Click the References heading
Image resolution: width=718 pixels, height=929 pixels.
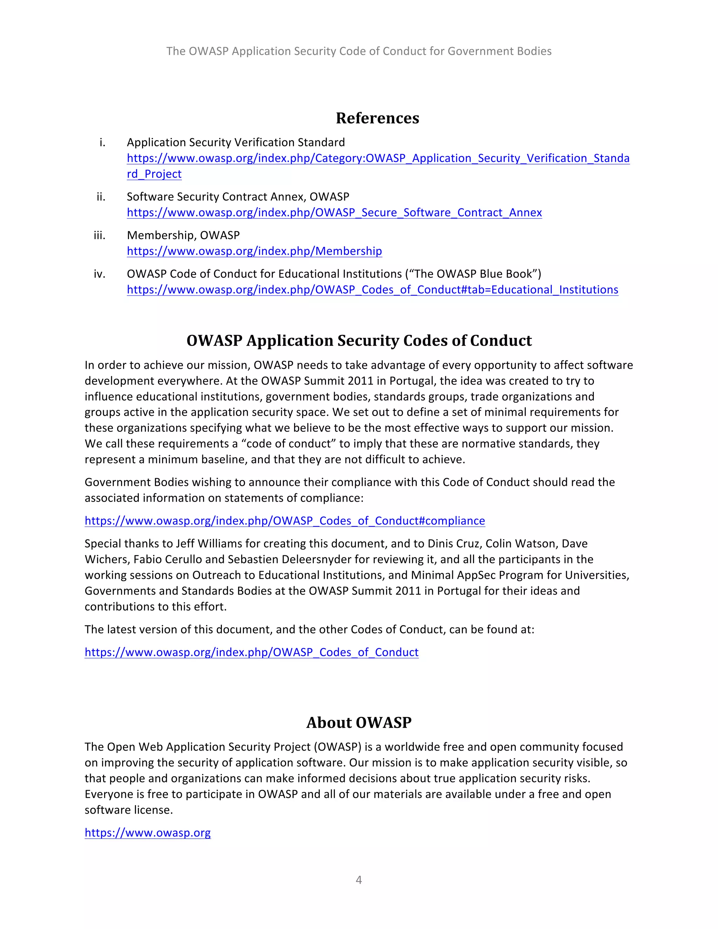click(x=377, y=118)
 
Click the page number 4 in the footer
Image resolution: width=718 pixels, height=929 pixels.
click(x=359, y=880)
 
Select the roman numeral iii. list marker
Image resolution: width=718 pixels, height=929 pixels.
click(x=100, y=235)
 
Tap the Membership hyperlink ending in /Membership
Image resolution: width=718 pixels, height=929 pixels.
click(x=255, y=251)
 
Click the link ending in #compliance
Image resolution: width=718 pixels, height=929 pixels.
click(x=285, y=521)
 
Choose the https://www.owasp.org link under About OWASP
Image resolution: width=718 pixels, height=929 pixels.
click(x=148, y=833)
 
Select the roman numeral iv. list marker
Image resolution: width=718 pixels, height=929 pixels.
click(x=100, y=274)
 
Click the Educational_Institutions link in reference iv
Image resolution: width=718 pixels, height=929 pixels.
click(x=372, y=290)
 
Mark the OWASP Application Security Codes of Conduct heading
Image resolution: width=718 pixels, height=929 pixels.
click(x=359, y=341)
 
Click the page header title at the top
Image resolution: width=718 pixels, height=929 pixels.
click(x=359, y=51)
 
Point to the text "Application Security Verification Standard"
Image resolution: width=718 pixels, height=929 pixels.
click(x=236, y=142)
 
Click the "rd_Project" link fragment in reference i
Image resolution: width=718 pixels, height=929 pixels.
click(x=154, y=174)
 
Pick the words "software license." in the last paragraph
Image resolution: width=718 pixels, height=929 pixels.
click(x=128, y=810)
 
